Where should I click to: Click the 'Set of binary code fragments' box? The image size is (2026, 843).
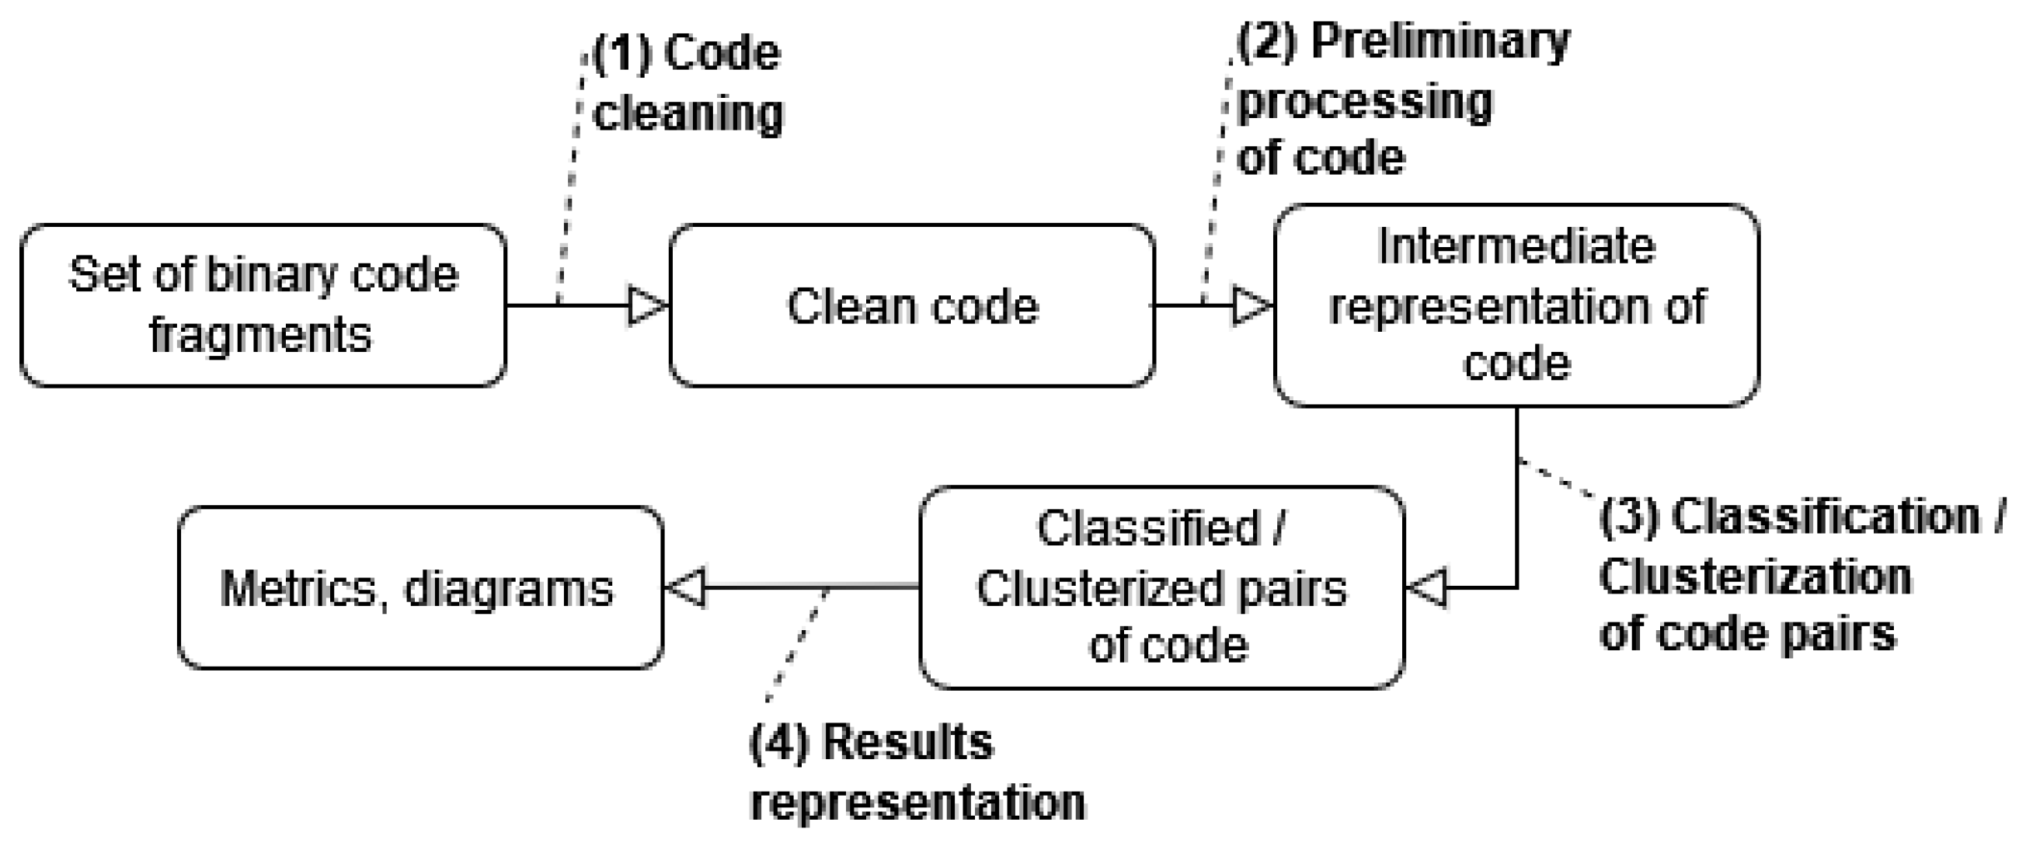(x=263, y=305)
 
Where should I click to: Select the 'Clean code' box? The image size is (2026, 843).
(x=912, y=305)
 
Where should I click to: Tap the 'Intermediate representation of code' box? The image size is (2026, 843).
(x=1516, y=305)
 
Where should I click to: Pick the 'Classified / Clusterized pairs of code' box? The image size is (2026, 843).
(x=1161, y=587)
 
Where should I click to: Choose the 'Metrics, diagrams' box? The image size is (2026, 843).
(x=420, y=587)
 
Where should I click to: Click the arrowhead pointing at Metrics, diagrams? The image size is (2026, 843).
(x=688, y=587)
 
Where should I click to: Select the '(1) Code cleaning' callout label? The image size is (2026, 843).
(x=688, y=83)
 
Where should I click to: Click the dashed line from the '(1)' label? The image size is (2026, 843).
(x=571, y=181)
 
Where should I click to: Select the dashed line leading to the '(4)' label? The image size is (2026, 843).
(x=796, y=645)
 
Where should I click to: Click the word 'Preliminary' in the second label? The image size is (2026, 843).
(x=1439, y=41)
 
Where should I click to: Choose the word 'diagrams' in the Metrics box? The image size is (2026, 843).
(x=508, y=589)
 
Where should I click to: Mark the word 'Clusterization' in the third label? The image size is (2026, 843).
(x=1756, y=577)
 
